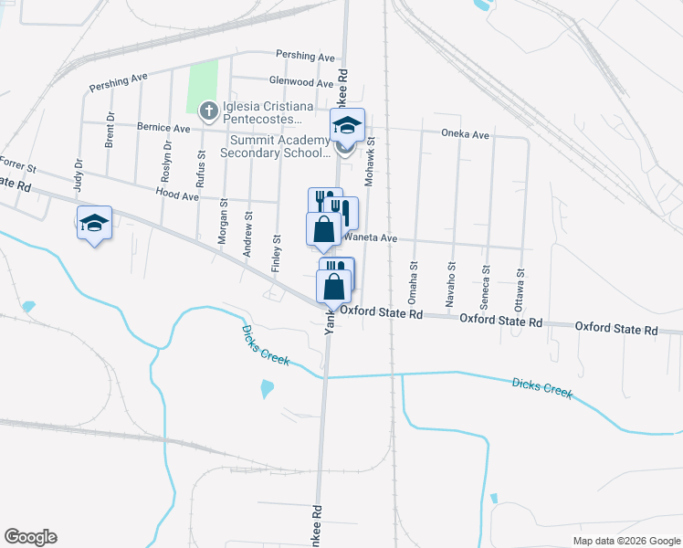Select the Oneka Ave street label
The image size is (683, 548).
click(466, 134)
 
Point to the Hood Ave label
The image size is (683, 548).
click(176, 195)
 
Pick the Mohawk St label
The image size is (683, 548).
click(372, 154)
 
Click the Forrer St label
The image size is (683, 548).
click(18, 168)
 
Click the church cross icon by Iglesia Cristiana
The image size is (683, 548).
click(208, 111)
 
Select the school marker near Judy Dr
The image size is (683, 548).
click(94, 224)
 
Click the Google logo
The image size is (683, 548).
click(30, 537)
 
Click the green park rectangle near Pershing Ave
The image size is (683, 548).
click(204, 88)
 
